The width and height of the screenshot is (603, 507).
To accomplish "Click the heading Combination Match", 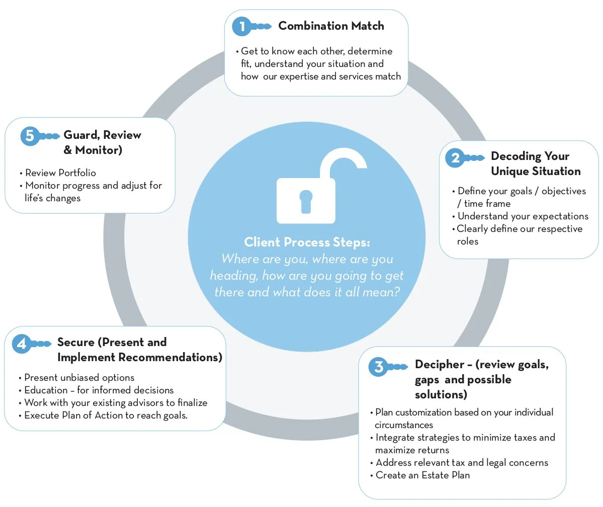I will click(x=331, y=26).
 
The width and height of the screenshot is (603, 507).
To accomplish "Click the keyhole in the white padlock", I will click(x=305, y=199).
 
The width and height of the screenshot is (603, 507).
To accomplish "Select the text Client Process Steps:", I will click(x=307, y=242).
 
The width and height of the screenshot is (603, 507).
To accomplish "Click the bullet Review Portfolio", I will click(x=60, y=173).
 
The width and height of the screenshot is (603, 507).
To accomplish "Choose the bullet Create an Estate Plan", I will click(x=422, y=475).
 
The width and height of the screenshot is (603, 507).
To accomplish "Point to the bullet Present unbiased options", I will click(x=79, y=377).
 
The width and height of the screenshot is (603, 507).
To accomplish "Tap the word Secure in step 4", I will click(x=75, y=342).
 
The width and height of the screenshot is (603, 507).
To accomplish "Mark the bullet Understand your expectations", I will click(x=523, y=216).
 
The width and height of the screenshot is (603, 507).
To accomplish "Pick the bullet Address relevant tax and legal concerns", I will click(x=462, y=462).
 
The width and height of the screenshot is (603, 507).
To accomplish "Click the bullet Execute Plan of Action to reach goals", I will click(x=106, y=415).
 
